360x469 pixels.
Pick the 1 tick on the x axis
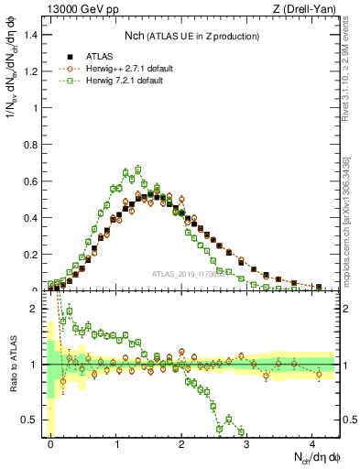coord(116,443)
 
